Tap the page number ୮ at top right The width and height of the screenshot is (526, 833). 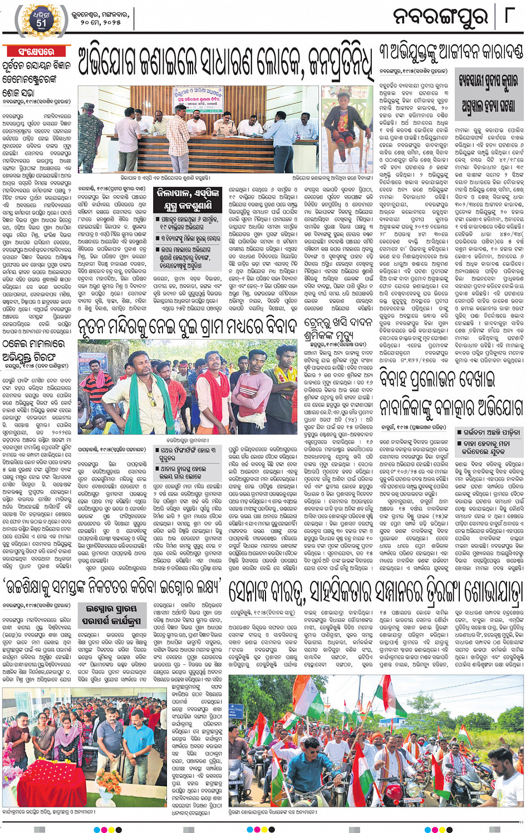[508, 15]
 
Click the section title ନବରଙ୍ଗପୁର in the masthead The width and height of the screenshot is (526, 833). [440, 17]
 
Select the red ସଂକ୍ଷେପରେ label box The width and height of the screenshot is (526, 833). [36, 52]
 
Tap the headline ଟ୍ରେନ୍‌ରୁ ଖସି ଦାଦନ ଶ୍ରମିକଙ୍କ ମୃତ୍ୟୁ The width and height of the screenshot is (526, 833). [337, 329]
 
